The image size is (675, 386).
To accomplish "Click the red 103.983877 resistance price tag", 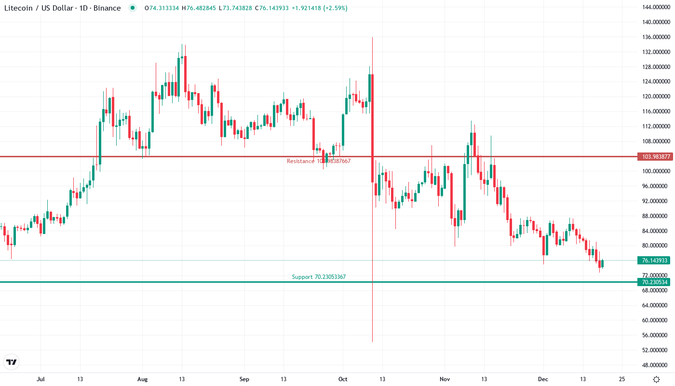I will [x=654, y=157].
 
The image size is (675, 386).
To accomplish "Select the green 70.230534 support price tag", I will [x=654, y=282].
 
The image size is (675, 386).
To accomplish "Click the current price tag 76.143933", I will [x=654, y=261].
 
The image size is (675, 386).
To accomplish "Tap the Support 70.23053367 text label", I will [x=319, y=277].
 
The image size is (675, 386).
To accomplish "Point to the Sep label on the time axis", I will [x=244, y=379].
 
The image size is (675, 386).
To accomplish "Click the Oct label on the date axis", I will [x=343, y=379].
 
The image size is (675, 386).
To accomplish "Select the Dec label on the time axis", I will [x=543, y=379].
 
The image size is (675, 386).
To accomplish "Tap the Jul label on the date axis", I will [x=40, y=379].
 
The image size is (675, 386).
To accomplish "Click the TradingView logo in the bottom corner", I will [x=11, y=362].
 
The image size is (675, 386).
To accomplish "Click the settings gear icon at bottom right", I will [x=656, y=379].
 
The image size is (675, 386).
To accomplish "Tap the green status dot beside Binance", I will [x=133, y=8].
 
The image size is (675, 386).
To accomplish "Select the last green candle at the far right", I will [x=602, y=264].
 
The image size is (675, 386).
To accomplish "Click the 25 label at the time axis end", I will [x=622, y=379].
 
